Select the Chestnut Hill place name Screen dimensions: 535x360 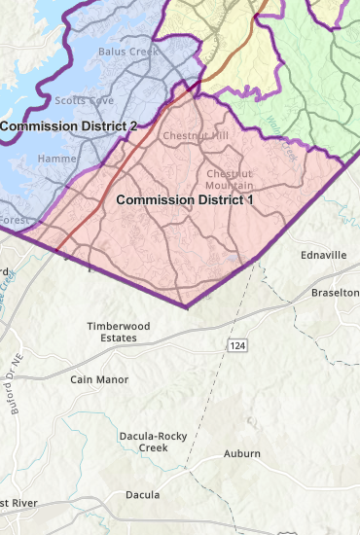pos(195,135)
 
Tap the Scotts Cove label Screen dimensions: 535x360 pos(80,100)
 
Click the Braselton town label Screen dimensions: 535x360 pos(336,293)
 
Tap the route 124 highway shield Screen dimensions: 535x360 pos(238,345)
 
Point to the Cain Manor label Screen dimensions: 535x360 pos(99,378)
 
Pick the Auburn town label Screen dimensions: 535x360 pos(242,453)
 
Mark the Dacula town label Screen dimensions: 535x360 pos(142,494)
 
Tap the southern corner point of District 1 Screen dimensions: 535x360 pos(186,307)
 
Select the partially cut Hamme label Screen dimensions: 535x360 pos(55,159)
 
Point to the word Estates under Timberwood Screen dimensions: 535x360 pos(114,339)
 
